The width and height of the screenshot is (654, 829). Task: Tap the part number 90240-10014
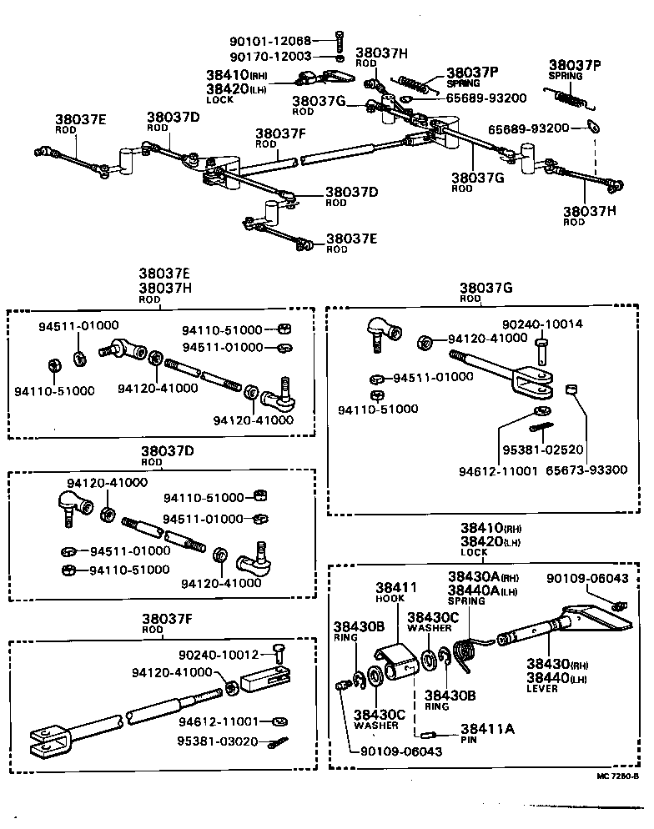point(542,324)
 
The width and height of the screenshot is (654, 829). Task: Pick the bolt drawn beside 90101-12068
point(340,39)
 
